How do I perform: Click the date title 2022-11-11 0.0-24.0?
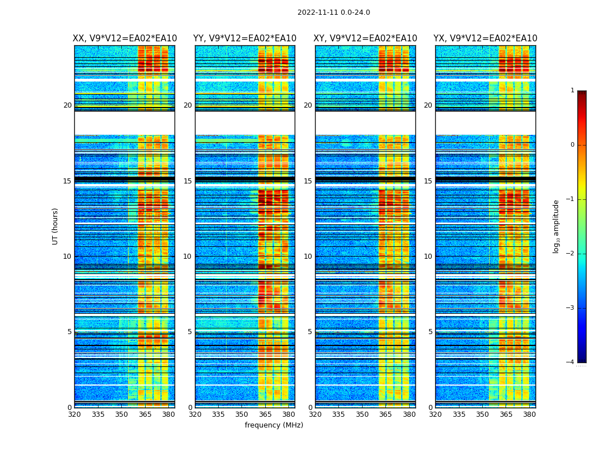point(333,12)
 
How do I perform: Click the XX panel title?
point(125,39)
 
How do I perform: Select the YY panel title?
point(245,39)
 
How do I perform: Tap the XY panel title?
point(365,39)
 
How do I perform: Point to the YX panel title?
point(485,39)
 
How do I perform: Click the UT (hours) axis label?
point(56,226)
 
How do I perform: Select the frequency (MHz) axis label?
point(274,425)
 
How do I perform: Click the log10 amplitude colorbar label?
point(556,226)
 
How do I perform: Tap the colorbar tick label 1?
point(572,91)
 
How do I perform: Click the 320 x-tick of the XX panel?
point(74,414)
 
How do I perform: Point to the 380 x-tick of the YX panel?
point(529,414)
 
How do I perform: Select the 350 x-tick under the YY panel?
point(242,414)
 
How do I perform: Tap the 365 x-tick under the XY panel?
point(385,414)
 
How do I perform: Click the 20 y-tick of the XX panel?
point(67,105)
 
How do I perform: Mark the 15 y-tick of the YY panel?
point(188,181)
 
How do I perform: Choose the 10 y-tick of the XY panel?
point(308,257)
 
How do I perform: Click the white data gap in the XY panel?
point(365,123)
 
